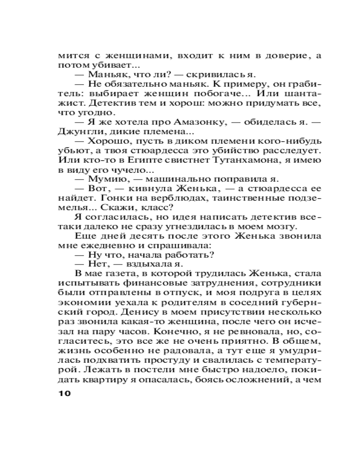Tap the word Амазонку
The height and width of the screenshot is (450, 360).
(x=168, y=122)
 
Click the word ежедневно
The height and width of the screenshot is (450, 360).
(x=101, y=246)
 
